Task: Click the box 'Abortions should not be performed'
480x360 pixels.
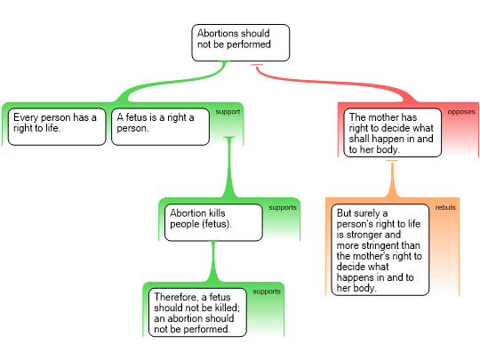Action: (x=241, y=43)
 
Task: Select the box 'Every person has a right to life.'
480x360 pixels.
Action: (x=57, y=127)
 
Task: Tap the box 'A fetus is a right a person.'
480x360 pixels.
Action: (x=160, y=127)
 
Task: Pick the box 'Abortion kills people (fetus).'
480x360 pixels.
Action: (x=213, y=222)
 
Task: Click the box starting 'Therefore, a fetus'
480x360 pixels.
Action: (x=197, y=312)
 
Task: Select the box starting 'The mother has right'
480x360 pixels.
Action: (x=393, y=132)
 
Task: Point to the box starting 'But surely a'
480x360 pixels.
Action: (x=380, y=250)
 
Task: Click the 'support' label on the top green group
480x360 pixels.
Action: (x=228, y=112)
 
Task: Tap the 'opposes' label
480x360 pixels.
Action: (x=461, y=112)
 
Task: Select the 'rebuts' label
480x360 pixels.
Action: (x=445, y=207)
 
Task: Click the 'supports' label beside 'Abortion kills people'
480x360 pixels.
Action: (x=283, y=207)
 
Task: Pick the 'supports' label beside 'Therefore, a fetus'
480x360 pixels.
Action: (x=267, y=292)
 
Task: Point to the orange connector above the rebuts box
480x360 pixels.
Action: (x=393, y=179)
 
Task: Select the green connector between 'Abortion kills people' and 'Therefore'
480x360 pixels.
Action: (x=213, y=261)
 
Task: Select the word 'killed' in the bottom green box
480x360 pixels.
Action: (x=226, y=308)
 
